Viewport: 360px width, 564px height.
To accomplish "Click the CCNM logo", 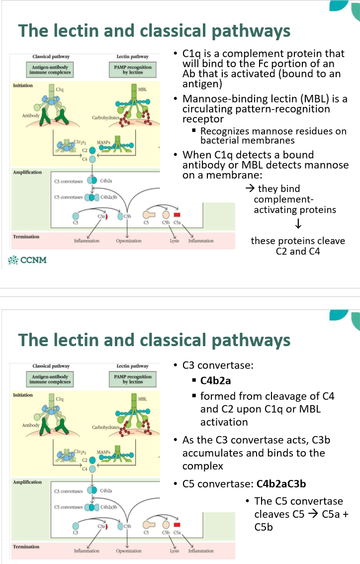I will [x=27, y=259].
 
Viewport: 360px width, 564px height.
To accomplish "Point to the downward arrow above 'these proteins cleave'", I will [x=297, y=225].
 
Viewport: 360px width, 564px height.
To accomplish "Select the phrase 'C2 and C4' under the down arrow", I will [x=297, y=251].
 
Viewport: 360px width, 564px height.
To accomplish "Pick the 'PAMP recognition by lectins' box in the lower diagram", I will [x=133, y=379].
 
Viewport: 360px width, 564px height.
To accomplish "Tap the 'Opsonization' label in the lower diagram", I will [x=129, y=551].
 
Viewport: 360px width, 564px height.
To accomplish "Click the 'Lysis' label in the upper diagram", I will [x=175, y=241].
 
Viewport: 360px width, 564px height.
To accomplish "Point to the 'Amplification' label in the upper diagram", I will [x=27, y=172].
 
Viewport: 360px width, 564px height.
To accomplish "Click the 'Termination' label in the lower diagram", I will [x=26, y=547].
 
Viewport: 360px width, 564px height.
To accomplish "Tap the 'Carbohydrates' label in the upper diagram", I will [x=104, y=118].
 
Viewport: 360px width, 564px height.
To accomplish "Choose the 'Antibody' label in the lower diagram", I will [x=31, y=425].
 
